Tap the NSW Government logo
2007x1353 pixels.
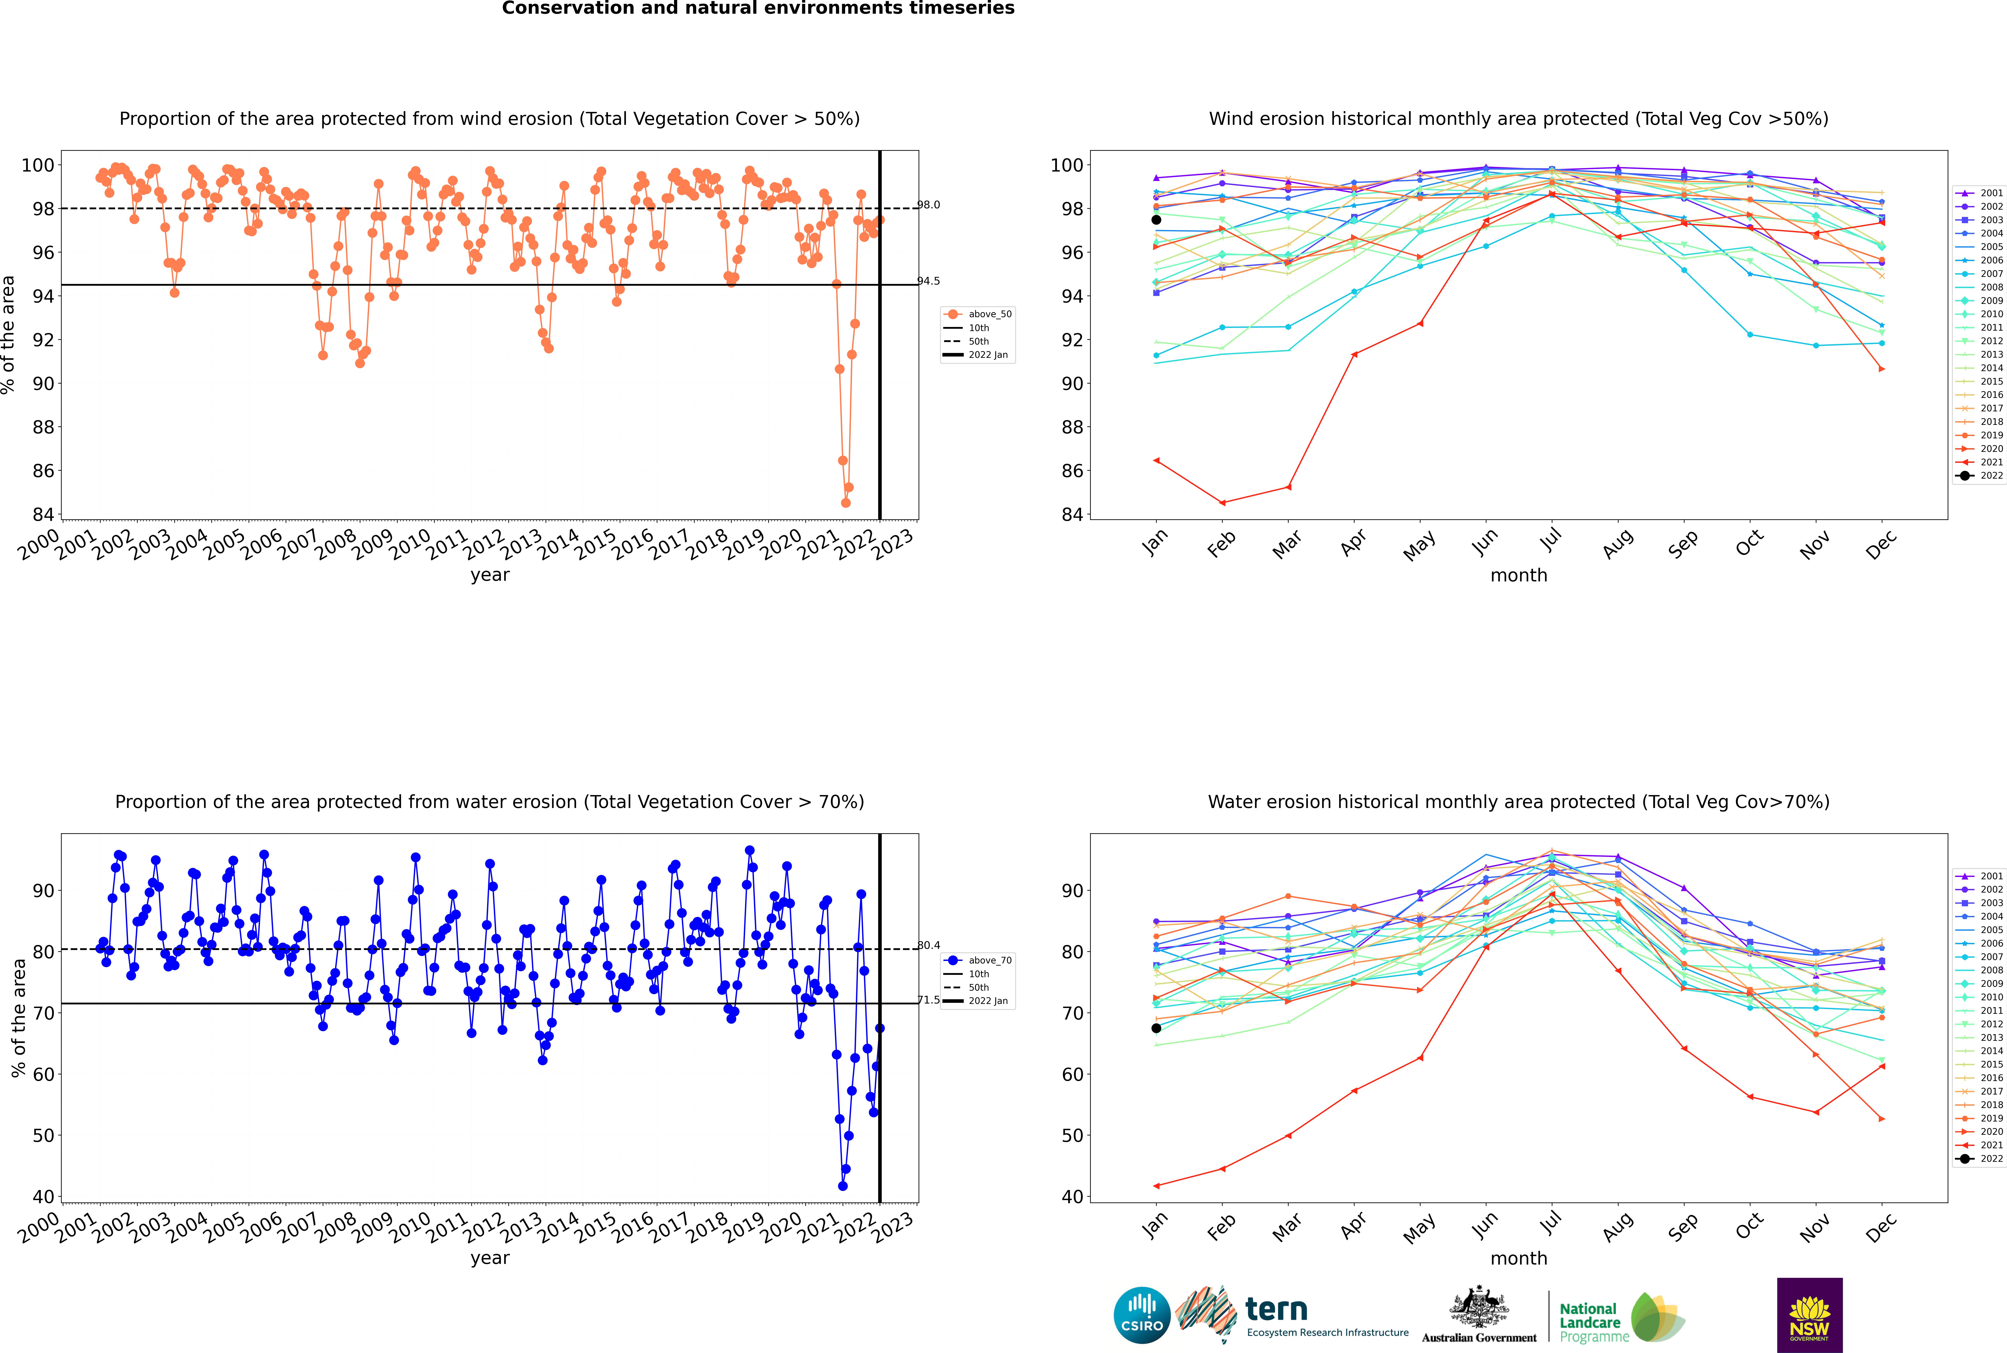pyautogui.click(x=1809, y=1314)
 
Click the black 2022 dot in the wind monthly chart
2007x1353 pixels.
pyautogui.click(x=1156, y=220)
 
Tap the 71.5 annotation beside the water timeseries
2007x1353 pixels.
pyautogui.click(x=928, y=1000)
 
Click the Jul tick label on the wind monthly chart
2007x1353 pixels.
pyautogui.click(x=1550, y=541)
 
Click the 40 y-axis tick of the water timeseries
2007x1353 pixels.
pyautogui.click(x=43, y=1197)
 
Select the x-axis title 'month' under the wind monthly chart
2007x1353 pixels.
pyautogui.click(x=1519, y=576)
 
